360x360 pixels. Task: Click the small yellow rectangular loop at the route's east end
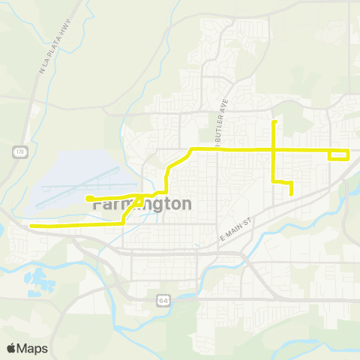click(x=339, y=155)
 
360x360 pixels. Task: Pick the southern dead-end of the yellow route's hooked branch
click(x=291, y=193)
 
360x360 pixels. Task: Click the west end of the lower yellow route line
click(x=31, y=225)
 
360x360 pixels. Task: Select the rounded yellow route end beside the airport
click(x=88, y=199)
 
